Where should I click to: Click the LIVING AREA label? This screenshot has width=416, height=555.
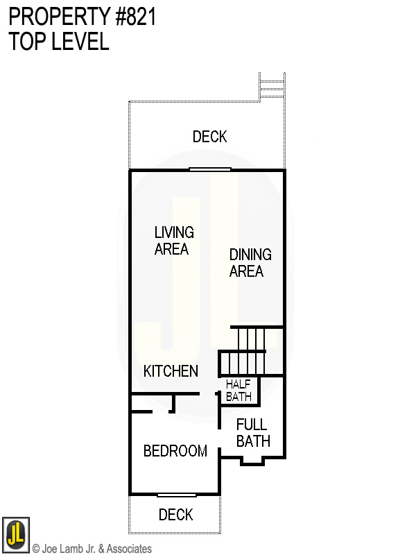[x=174, y=240]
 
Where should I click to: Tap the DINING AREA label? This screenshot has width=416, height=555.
[x=250, y=263]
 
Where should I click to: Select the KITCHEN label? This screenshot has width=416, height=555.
[x=171, y=371]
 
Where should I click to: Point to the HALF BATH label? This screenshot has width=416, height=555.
[x=239, y=391]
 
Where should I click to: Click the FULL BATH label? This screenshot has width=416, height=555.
[x=252, y=432]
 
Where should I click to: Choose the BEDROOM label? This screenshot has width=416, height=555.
[x=175, y=451]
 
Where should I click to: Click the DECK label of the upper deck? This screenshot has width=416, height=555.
[x=209, y=137]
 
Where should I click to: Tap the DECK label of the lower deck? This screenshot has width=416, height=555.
[x=175, y=515]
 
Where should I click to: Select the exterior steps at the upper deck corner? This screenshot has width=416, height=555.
[x=272, y=87]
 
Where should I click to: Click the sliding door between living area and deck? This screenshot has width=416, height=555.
[x=210, y=169]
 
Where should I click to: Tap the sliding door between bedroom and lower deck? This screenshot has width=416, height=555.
[x=176, y=495]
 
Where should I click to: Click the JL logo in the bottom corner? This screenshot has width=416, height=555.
[x=15, y=535]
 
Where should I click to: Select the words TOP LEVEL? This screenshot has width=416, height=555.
[x=59, y=42]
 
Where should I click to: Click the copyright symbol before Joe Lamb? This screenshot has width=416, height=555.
[x=36, y=549]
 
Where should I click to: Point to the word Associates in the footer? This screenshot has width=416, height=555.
[x=128, y=549]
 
